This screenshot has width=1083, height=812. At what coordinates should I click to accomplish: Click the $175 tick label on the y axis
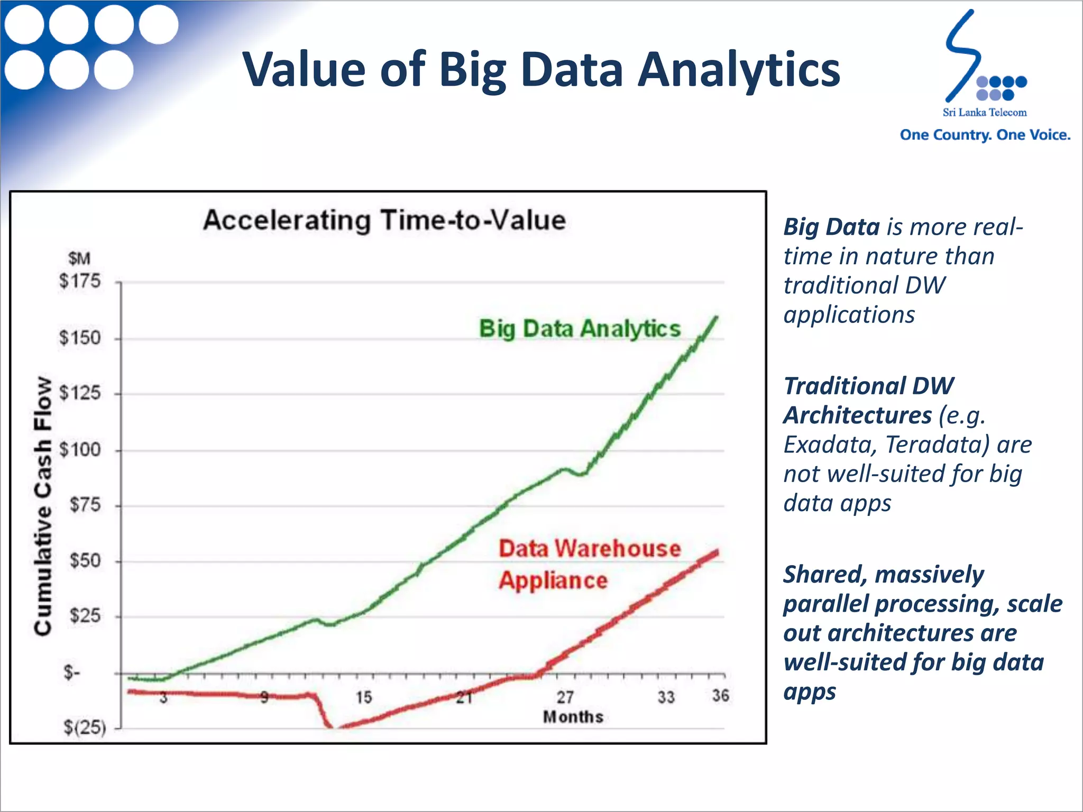coord(80,281)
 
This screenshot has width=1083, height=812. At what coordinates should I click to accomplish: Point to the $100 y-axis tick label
coord(80,450)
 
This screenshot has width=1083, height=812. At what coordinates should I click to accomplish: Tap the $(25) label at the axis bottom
coord(85,728)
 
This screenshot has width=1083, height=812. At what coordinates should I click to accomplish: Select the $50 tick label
coord(85,561)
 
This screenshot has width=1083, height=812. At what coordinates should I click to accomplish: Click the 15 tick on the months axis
coord(363,697)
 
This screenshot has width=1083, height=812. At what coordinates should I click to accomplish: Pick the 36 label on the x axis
coord(720,696)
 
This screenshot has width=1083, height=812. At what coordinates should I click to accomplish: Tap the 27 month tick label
coord(565,697)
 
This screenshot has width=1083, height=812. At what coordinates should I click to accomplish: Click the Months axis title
coord(573,717)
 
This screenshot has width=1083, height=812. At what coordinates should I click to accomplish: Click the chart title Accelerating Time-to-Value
coord(384,220)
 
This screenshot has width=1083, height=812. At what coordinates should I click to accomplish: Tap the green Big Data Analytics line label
coord(580,329)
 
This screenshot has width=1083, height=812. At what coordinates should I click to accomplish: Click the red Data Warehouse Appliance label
coord(589,564)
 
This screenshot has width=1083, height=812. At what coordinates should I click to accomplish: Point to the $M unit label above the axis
coord(79,259)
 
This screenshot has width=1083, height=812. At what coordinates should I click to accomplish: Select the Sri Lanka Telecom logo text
coord(984,113)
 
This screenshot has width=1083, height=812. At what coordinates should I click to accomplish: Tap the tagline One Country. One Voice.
coord(985,135)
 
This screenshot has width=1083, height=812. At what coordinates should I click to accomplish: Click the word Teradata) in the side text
coord(937,445)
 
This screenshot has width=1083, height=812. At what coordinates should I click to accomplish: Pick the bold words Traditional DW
coord(868,386)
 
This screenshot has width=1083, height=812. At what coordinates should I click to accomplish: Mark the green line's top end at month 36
coord(717,317)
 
